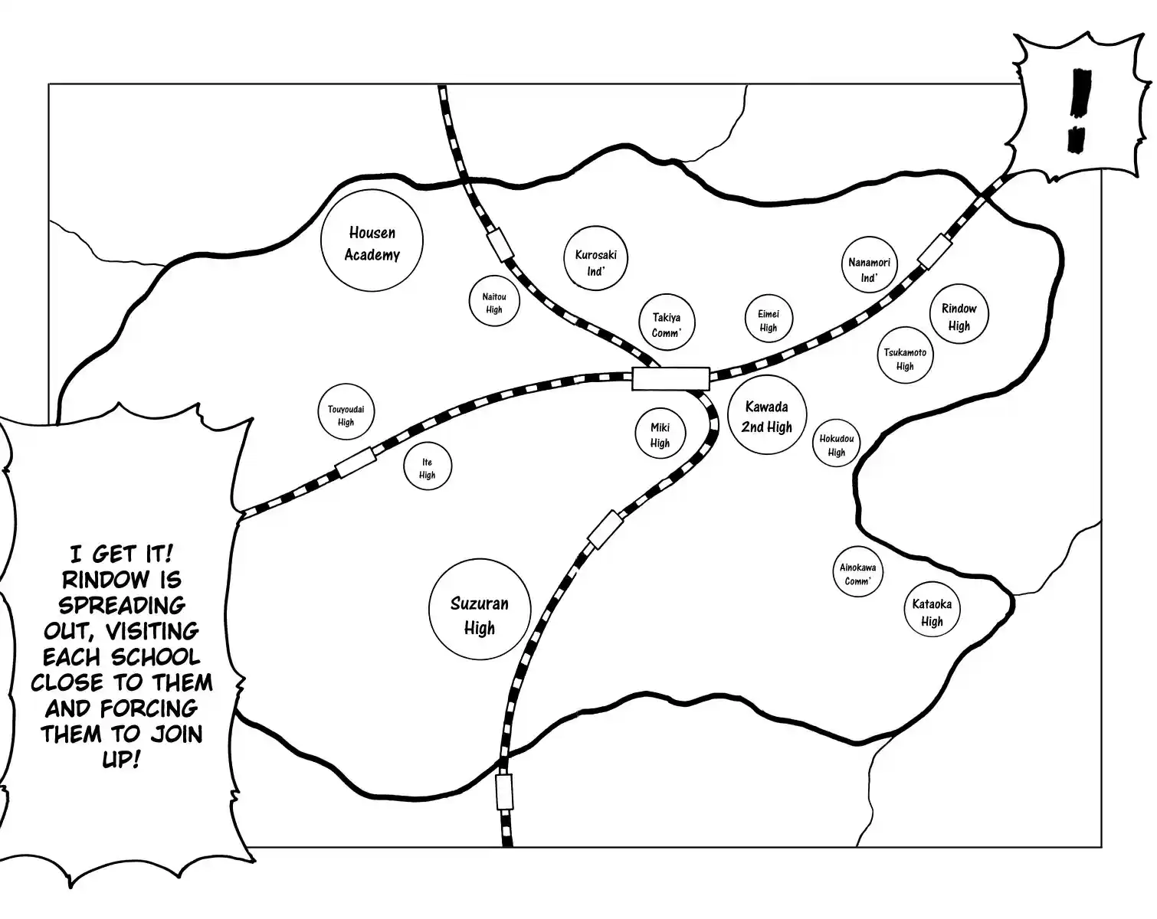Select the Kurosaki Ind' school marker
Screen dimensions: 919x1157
tap(595, 261)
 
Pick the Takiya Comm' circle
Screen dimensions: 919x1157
tap(667, 324)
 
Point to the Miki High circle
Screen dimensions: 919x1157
tap(660, 433)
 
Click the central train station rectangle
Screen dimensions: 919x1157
tap(670, 378)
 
